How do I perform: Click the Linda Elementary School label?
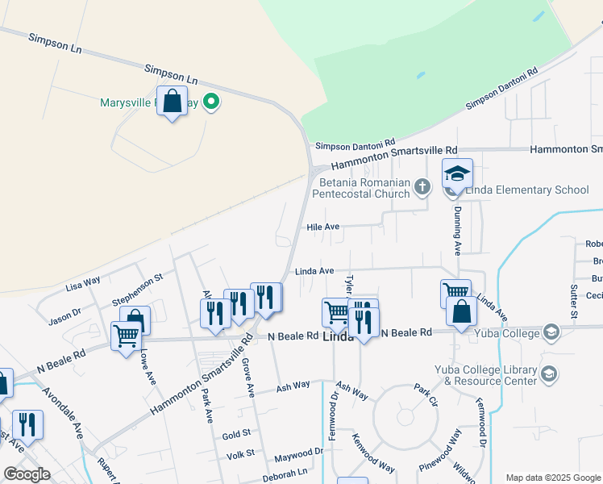pos(528,190)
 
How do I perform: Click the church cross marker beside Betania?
pos(422,188)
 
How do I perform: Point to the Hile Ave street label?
pos(322,227)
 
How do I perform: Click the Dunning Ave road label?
pos(456,231)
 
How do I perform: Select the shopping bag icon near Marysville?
pos(172,102)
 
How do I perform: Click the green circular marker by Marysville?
pos(211,102)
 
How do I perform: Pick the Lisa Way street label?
pos(83,283)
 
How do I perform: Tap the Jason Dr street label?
pos(65,316)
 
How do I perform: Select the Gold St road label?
pos(237,435)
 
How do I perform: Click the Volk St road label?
pos(239,453)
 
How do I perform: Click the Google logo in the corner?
pos(27,474)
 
